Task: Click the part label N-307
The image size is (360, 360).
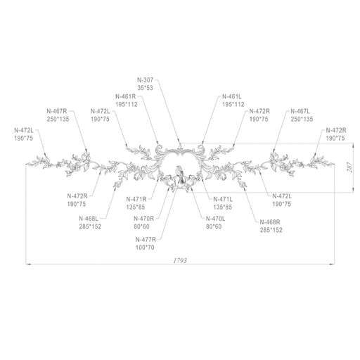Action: point(145,80)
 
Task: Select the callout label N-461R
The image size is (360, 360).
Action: point(126,96)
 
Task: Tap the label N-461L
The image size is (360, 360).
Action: point(232,96)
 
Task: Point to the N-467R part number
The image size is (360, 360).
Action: point(57,111)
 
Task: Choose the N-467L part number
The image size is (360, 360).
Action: point(300,111)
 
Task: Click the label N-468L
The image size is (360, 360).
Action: point(89,219)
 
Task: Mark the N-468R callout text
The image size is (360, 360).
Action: point(270,222)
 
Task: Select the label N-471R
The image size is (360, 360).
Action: point(136,199)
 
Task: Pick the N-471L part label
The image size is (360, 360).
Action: point(223,199)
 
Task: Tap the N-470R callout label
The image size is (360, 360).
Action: point(144,219)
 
